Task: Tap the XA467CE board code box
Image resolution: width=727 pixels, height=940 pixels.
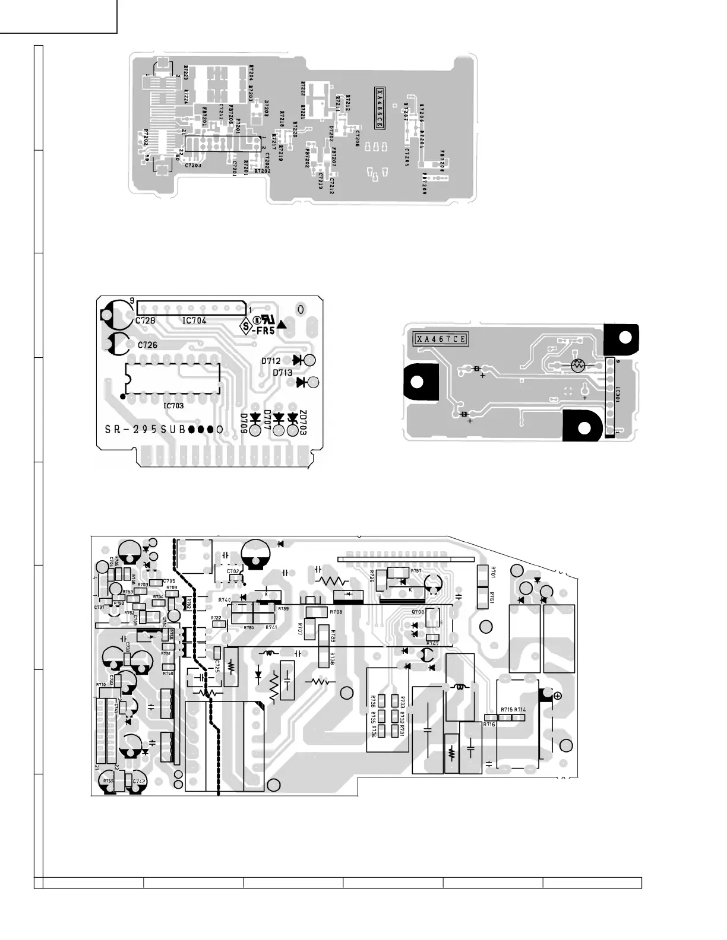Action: [x=441, y=339]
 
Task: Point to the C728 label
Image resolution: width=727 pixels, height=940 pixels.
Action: [x=145, y=320]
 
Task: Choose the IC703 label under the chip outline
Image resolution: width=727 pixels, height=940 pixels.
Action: [x=173, y=406]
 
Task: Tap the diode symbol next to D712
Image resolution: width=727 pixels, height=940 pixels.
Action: [x=299, y=360]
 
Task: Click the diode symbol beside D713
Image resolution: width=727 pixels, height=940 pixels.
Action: [x=302, y=382]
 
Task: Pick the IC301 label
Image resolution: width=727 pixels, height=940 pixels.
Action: [x=618, y=394]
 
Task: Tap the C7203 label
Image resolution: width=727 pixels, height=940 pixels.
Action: [x=193, y=165]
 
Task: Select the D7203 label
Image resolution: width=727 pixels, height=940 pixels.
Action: [x=267, y=108]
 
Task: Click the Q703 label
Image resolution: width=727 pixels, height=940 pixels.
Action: [x=418, y=611]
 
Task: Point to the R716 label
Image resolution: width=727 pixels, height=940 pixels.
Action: [x=489, y=725]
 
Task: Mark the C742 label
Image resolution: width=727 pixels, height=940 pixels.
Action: [x=140, y=782]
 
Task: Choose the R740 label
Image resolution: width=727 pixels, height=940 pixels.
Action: [x=225, y=600]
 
